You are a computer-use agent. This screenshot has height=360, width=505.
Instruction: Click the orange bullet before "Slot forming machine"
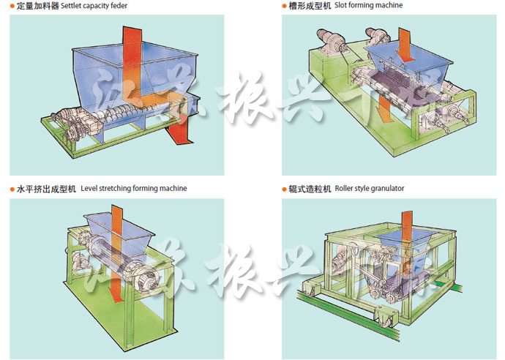point(284,6)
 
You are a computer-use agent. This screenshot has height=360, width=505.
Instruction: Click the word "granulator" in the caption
point(387,189)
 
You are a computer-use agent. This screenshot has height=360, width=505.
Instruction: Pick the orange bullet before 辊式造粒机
point(284,189)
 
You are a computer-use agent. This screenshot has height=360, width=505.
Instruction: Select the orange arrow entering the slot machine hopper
point(403,37)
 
